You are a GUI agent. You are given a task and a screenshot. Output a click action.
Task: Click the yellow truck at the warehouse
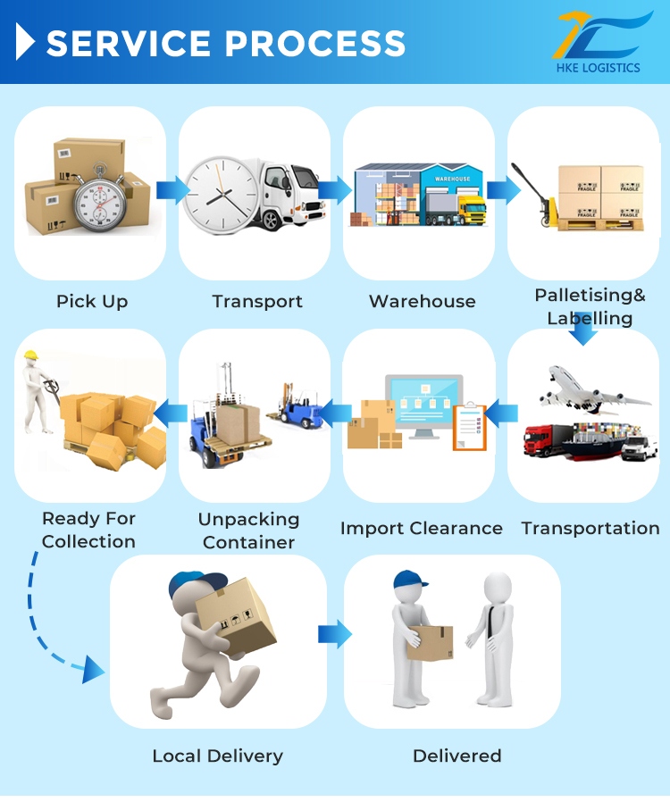[471, 211]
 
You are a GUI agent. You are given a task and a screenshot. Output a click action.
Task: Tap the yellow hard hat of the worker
[32, 355]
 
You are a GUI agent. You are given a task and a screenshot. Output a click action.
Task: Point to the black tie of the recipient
[490, 621]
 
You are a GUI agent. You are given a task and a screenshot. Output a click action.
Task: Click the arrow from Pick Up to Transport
[172, 189]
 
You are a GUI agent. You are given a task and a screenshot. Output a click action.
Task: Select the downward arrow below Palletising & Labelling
[584, 335]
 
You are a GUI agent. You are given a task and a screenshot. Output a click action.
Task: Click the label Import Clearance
[421, 529]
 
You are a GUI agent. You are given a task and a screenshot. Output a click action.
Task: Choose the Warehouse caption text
[422, 302]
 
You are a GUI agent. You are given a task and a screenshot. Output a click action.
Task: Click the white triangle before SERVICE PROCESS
[26, 42]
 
